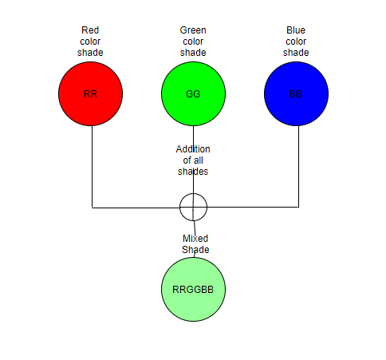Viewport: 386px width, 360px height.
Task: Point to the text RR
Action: (90, 94)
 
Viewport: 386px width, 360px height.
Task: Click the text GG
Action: (193, 94)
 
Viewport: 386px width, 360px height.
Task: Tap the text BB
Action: (296, 94)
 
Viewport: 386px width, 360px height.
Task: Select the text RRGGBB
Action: (193, 290)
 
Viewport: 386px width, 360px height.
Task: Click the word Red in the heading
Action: (90, 30)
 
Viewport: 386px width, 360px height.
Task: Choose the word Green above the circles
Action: (193, 30)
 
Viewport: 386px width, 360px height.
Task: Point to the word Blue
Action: (296, 30)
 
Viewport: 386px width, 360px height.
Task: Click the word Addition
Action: (193, 149)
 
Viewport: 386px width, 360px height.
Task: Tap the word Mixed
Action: (195, 239)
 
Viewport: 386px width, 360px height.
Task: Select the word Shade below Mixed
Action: (195, 250)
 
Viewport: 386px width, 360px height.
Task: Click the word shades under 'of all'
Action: (193, 172)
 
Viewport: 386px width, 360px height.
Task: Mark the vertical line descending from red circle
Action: (92, 167)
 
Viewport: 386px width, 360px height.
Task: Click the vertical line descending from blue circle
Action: (298, 167)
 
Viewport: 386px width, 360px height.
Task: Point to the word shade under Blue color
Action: (296, 53)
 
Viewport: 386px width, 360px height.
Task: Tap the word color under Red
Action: (90, 42)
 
